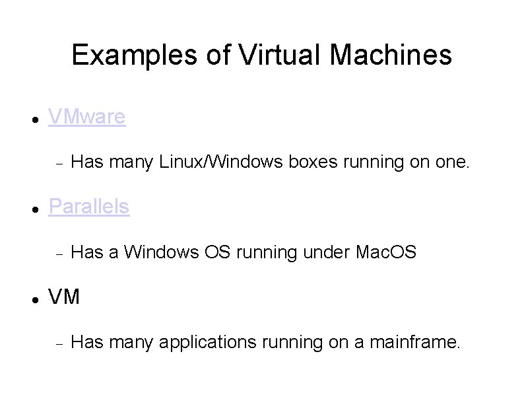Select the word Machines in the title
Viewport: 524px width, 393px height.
(391, 55)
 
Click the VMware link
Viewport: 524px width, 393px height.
(87, 117)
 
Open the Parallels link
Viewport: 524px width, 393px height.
(89, 207)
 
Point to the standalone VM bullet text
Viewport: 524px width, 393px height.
(64, 297)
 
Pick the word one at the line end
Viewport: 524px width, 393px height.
(451, 162)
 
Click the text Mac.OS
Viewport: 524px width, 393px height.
(386, 252)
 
